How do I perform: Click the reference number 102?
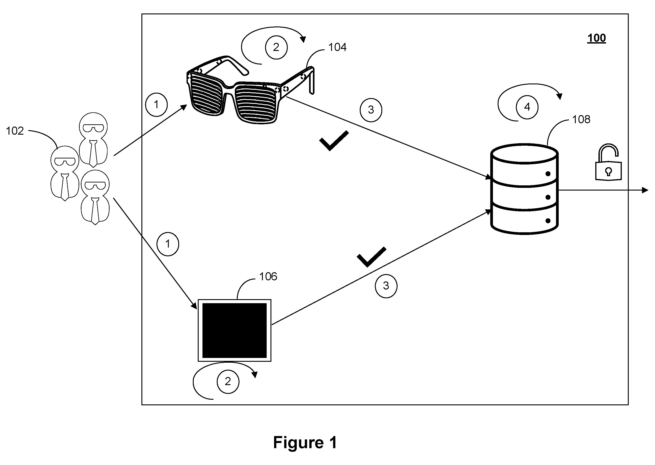pyautogui.click(x=15, y=131)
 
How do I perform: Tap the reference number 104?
pyautogui.click(x=337, y=47)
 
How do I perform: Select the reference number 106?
pyautogui.click(x=268, y=276)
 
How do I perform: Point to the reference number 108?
pyautogui.click(x=581, y=119)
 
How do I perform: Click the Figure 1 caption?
pyautogui.click(x=305, y=442)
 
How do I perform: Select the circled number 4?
pyautogui.click(x=527, y=107)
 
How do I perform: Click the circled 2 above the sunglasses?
pyautogui.click(x=276, y=48)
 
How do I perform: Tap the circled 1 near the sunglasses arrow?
pyautogui.click(x=156, y=105)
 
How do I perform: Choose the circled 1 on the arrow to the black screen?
pyautogui.click(x=168, y=244)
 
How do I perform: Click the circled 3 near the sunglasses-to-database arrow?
pyautogui.click(x=371, y=110)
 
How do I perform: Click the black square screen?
pyautogui.click(x=235, y=330)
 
